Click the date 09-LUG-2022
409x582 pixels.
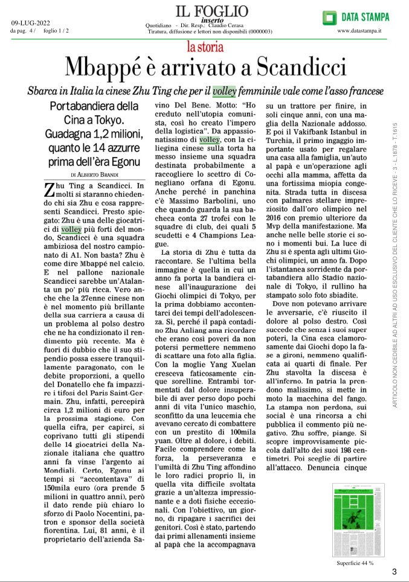click(x=31, y=24)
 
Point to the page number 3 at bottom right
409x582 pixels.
click(x=394, y=571)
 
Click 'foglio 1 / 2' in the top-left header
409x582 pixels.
click(x=56, y=31)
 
